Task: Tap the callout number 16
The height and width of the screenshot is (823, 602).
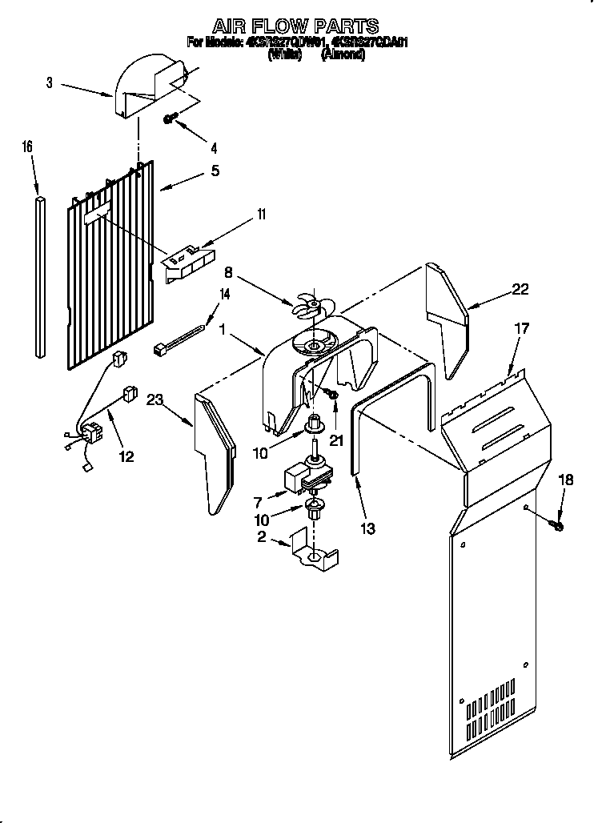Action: tap(27, 147)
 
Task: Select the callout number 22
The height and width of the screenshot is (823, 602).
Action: tap(520, 290)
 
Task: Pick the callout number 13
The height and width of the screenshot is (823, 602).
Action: tap(368, 528)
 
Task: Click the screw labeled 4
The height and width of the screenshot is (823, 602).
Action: tap(170, 118)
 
